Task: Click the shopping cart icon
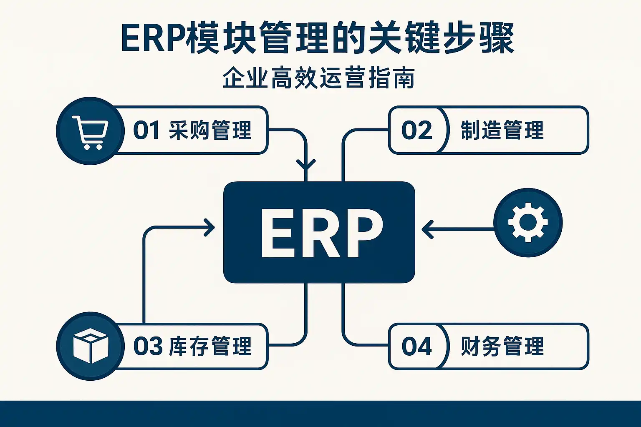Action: pyautogui.click(x=90, y=131)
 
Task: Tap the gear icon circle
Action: pyautogui.click(x=528, y=222)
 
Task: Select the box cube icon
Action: pyautogui.click(x=90, y=346)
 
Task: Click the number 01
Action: pyautogui.click(x=146, y=130)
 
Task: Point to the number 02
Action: pyautogui.click(x=416, y=130)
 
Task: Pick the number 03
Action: pyautogui.click(x=148, y=346)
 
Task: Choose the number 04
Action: pyautogui.click(x=416, y=346)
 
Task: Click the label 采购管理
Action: pyautogui.click(x=210, y=130)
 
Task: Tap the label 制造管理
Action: pyautogui.click(x=502, y=130)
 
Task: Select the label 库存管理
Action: pyautogui.click(x=210, y=346)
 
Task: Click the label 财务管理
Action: pyautogui.click(x=502, y=346)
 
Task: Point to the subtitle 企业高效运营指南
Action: pyautogui.click(x=319, y=78)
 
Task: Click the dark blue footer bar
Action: pyautogui.click(x=320, y=414)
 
